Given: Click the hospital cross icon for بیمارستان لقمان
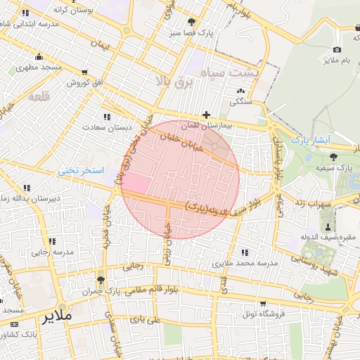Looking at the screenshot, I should [x=206, y=114].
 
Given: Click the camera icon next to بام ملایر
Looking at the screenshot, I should [x=337, y=49].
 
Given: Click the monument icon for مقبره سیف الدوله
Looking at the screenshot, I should [x=328, y=225].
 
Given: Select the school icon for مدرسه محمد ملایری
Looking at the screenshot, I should [x=244, y=252].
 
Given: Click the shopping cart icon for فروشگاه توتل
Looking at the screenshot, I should [x=263, y=303].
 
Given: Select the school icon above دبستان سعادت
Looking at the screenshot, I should [x=106, y=117].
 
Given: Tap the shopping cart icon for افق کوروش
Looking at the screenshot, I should [x=85, y=72].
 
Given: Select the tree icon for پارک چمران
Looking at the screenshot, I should [x=101, y=280].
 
